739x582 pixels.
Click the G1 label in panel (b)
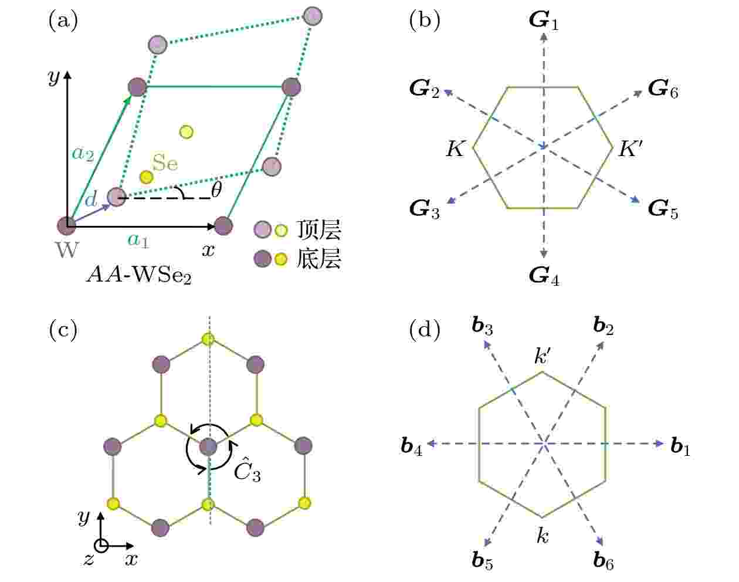click(544, 21)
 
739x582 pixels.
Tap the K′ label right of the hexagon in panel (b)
click(630, 149)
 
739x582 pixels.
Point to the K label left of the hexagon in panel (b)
click(455, 149)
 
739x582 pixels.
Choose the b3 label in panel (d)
click(482, 326)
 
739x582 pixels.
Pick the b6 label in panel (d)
click(604, 561)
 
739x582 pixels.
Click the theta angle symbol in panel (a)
click(216, 190)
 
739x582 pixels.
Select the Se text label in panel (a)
click(165, 163)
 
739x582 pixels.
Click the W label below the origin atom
click(67, 249)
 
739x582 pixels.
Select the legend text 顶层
click(319, 229)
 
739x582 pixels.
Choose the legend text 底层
click(319, 258)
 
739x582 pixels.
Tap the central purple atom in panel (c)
click(208, 446)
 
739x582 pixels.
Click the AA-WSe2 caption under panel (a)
click(139, 275)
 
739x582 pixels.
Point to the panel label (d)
click(425, 330)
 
